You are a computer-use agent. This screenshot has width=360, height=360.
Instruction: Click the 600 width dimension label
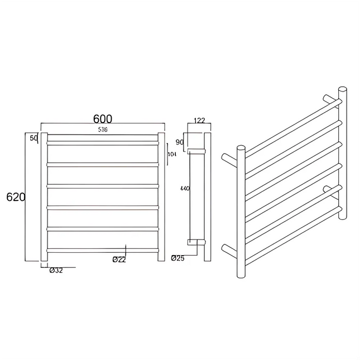coord(103,119)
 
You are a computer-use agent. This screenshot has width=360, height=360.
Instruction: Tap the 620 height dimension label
coord(15,196)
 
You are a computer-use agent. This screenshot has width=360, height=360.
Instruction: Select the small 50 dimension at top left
coord(33,137)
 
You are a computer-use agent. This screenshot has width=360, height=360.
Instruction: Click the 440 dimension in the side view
coord(185,189)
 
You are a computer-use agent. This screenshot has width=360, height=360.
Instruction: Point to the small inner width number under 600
coord(103,129)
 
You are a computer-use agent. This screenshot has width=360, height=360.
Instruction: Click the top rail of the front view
coord(103,142)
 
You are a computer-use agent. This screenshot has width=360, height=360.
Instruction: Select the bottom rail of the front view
coord(103,249)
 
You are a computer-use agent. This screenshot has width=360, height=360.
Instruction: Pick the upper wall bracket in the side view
coord(196,151)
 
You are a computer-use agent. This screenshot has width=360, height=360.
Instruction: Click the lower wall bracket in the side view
coord(196,242)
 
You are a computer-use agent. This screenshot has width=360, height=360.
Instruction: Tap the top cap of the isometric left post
coord(241,148)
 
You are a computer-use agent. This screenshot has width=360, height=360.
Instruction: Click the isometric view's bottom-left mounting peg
coord(230,249)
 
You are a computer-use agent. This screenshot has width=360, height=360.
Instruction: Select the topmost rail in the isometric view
coord(290,126)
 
